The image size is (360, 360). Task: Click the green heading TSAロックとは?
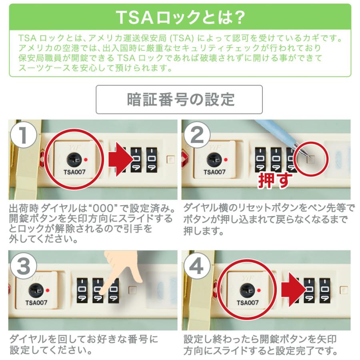tap(180, 17)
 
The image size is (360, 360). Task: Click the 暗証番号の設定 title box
tap(179, 100)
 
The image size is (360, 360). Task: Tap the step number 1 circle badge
tap(23, 135)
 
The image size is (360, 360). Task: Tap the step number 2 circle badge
tap(196, 135)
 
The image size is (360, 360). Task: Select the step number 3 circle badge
tap(23, 266)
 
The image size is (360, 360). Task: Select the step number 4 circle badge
tap(196, 266)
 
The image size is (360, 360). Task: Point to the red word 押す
tap(273, 181)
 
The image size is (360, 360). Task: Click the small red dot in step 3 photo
tap(47, 290)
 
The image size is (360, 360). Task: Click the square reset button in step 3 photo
tap(132, 290)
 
